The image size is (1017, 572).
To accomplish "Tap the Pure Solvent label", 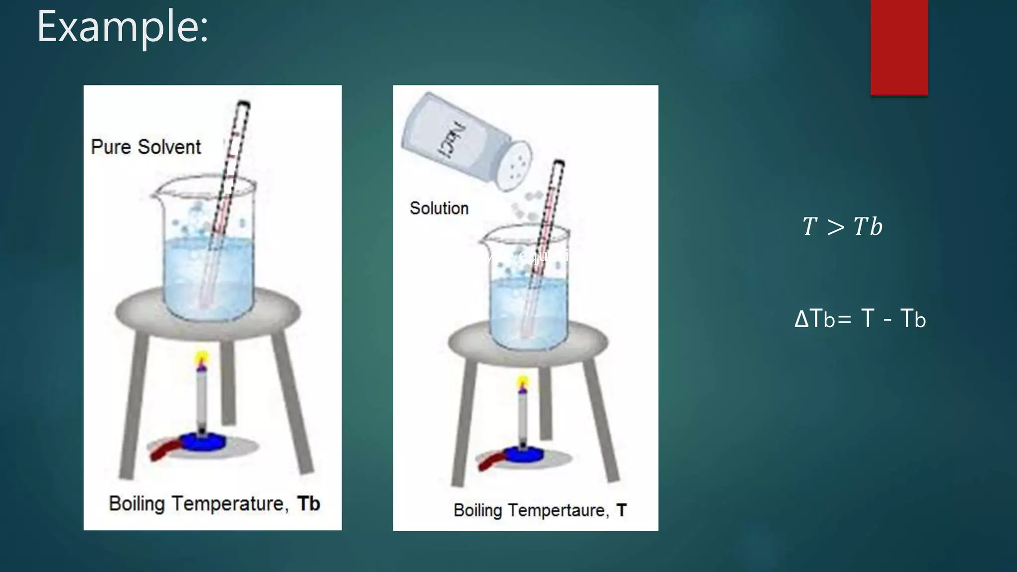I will (x=145, y=147).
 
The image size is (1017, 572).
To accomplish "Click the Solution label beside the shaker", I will (x=439, y=208).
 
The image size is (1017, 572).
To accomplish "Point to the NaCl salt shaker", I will (x=465, y=141).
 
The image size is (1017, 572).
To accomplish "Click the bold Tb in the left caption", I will (x=308, y=503).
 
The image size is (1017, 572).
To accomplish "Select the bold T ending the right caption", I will (x=621, y=510).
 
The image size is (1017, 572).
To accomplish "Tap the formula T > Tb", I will (x=842, y=227).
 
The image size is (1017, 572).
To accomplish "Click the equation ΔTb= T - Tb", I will (x=860, y=319).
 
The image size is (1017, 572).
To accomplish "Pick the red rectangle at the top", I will (x=899, y=47).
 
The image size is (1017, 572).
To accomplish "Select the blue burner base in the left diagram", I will (x=202, y=442).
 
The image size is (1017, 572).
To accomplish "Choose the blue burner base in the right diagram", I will (x=523, y=454).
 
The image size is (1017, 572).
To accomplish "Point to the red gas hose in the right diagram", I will (x=489, y=462).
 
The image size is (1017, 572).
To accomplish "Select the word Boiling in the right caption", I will (x=478, y=510).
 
